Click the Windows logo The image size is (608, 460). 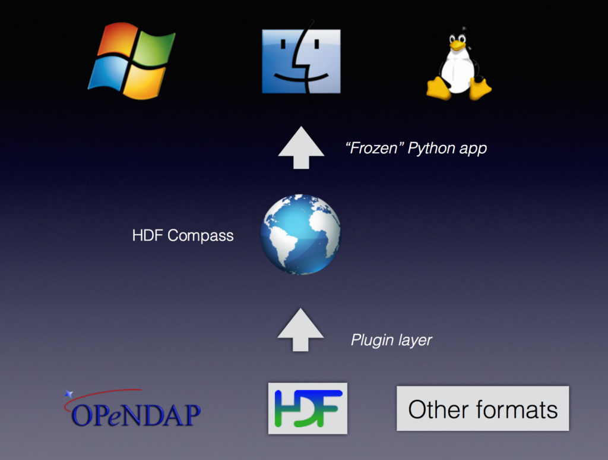point(132,61)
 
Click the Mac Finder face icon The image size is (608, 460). point(301,61)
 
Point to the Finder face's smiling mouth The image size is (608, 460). point(301,78)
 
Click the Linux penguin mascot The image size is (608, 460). point(459,64)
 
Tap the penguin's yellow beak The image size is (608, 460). point(458,46)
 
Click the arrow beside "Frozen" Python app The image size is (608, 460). point(301,147)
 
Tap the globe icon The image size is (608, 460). point(301,235)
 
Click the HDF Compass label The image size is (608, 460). point(183,235)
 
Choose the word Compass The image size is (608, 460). point(201,236)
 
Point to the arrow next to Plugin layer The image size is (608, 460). point(300,330)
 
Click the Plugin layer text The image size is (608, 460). point(391,341)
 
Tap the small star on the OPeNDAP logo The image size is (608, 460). point(69,394)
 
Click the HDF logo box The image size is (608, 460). point(308,408)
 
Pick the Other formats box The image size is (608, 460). point(483,408)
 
